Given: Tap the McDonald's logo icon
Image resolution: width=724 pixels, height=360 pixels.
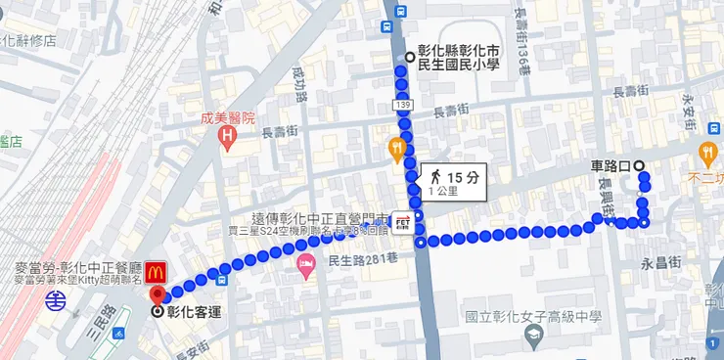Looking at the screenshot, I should pos(159,268).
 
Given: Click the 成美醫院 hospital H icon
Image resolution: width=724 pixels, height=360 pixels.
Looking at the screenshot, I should pos(228,135).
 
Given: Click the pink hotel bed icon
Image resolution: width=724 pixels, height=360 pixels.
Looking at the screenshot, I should pos(305,263).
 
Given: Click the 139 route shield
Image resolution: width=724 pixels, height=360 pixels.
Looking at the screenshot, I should pos(404,103).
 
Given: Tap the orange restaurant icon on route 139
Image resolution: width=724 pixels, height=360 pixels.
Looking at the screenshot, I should pos(397,149).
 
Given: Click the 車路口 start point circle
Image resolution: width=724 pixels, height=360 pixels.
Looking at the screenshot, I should pos(640,164).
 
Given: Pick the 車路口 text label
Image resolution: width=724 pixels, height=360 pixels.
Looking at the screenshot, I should pos(611,164).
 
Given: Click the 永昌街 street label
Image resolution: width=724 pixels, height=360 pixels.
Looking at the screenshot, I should pos(659,263).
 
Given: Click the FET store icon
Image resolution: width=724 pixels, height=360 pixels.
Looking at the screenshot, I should pos(401,223).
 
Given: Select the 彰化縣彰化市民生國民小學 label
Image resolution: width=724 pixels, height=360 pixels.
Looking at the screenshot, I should pos(458,57).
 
